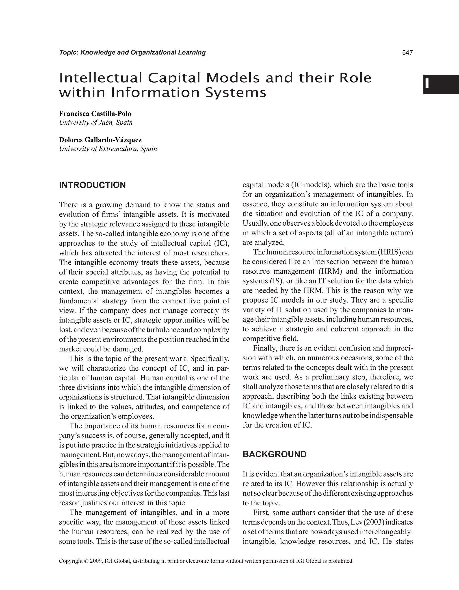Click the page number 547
(407, 53)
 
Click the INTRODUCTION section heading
(92, 185)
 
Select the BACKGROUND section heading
(275, 454)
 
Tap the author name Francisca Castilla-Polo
(95, 114)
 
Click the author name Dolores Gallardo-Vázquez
(100, 140)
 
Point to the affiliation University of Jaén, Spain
(96, 123)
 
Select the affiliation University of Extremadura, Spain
(108, 149)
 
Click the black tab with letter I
(441, 84)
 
